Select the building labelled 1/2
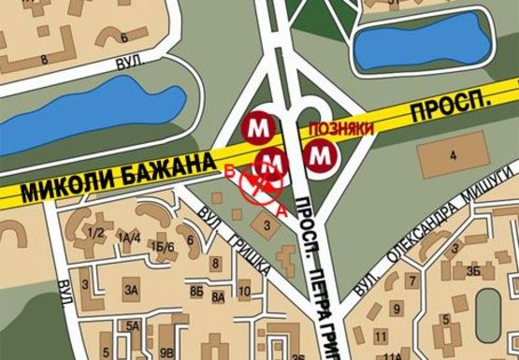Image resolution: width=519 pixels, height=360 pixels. point(94,231)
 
